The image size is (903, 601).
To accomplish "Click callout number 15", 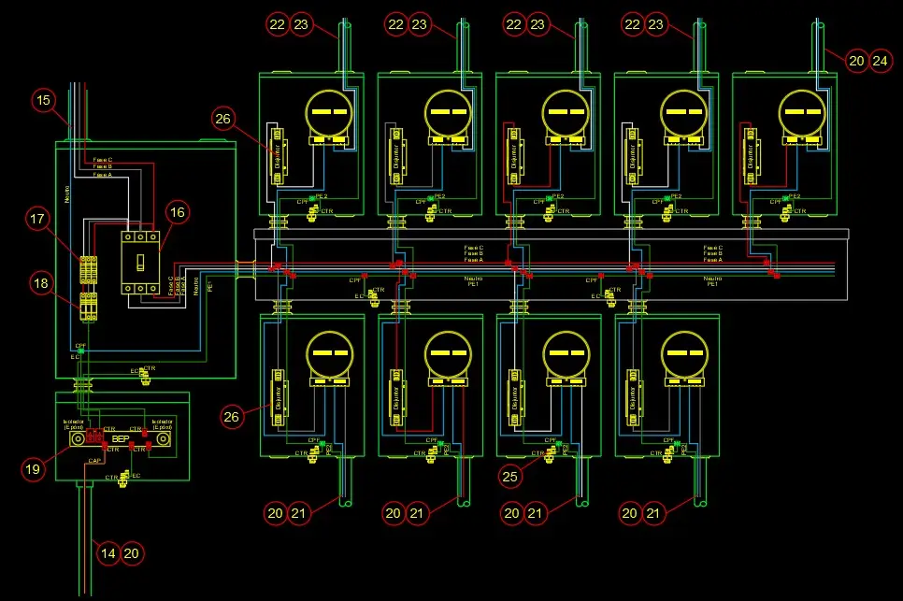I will coord(44,99).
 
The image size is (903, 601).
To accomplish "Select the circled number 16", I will coord(178,213).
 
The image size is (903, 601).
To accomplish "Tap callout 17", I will coord(38,220).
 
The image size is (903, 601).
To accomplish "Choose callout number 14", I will coord(108,553).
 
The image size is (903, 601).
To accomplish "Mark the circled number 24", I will coord(881,61).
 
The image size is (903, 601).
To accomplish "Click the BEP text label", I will coord(121,438).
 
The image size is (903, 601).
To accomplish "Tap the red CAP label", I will coord(95,460).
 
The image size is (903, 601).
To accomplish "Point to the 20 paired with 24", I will coord(857,61).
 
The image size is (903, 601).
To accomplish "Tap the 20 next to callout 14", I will coord(133,553).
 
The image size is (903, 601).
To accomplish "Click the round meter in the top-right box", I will coord(801,111).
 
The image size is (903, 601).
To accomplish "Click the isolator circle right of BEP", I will coord(163,437).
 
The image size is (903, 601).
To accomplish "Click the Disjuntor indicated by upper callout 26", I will coord(277,154).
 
